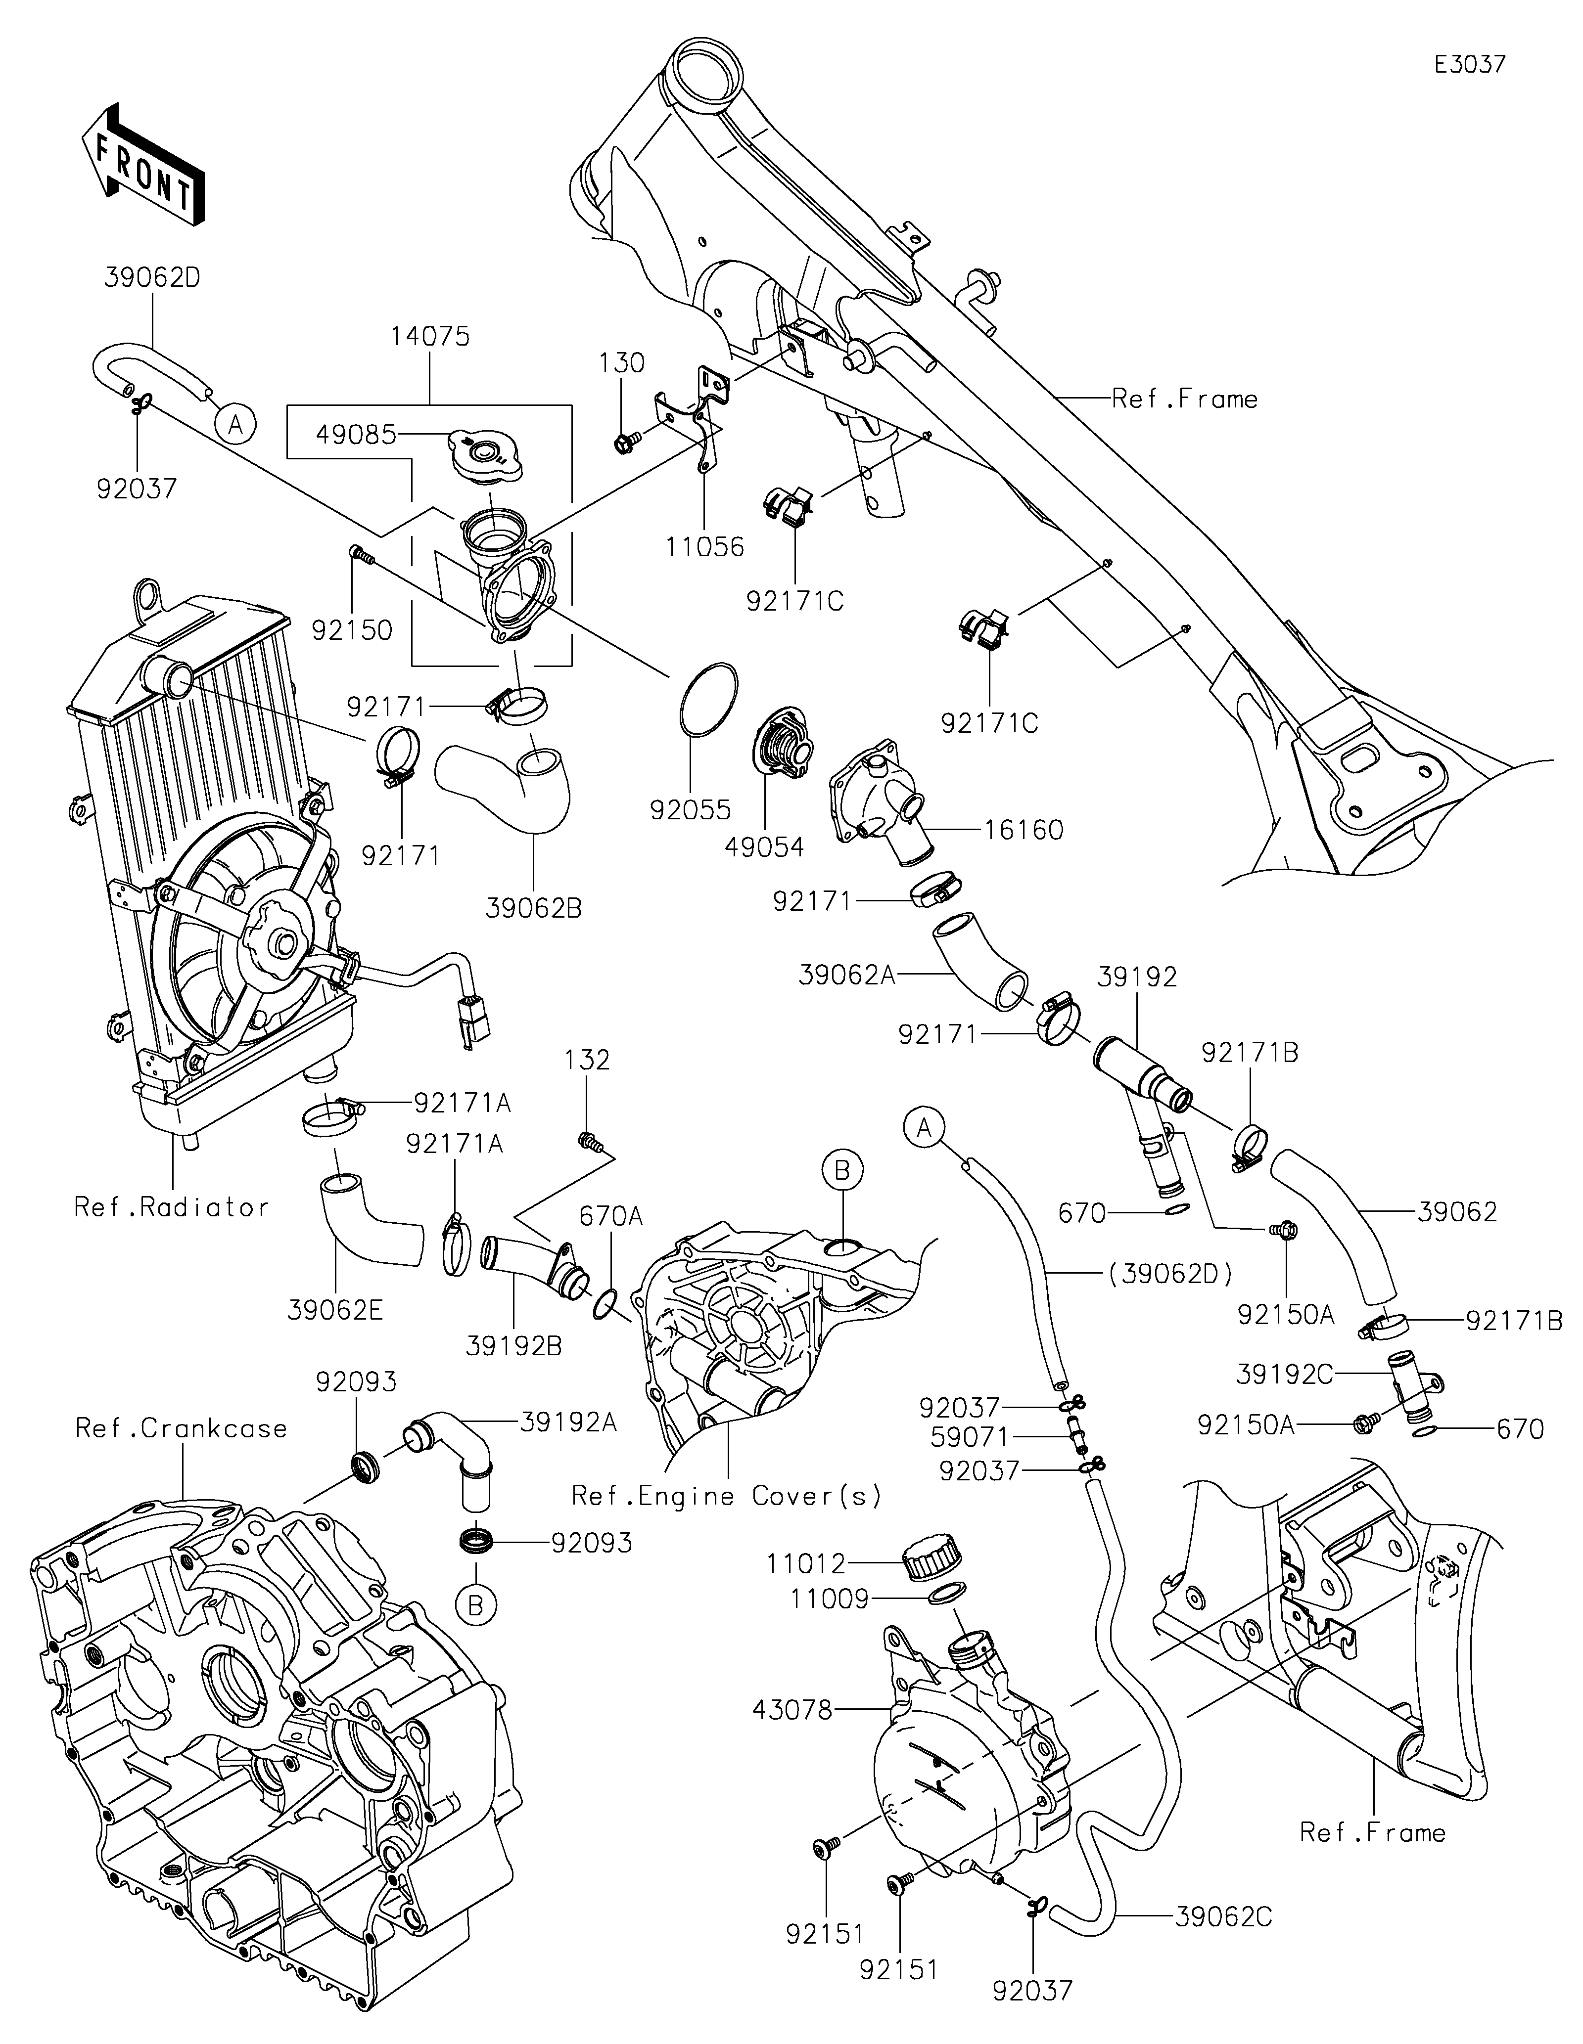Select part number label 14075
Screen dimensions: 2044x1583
tap(430, 337)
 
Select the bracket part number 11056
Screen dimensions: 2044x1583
tap(705, 546)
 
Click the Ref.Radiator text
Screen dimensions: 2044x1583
tap(171, 1207)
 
